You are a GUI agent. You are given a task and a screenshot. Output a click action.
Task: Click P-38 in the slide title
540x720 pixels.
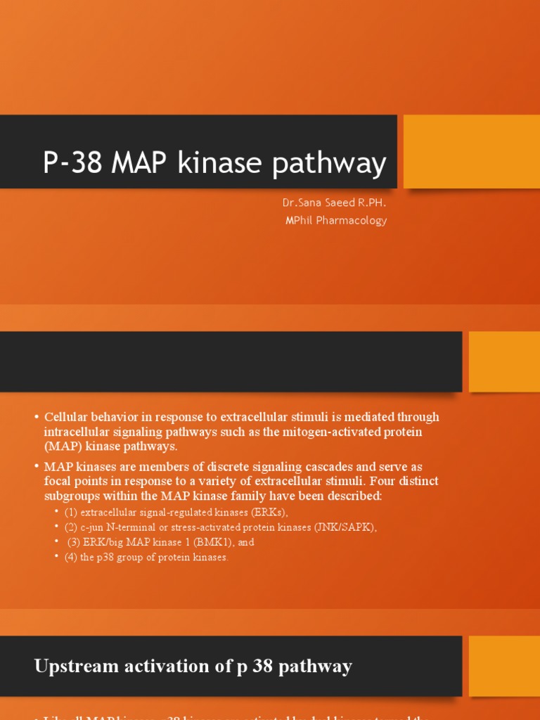pos(72,164)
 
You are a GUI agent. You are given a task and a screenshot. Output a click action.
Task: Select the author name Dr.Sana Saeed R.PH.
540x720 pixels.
pos(334,203)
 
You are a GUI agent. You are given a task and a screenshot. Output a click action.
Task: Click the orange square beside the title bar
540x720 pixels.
pos(471,152)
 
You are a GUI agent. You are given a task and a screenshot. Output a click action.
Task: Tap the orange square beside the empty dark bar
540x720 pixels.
pos(504,361)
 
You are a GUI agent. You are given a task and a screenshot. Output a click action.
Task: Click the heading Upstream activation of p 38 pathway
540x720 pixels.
pos(193,667)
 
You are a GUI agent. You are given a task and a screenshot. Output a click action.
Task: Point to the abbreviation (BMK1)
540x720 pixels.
pos(220,542)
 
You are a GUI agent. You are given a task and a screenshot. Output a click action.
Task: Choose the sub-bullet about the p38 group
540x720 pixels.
pos(146,557)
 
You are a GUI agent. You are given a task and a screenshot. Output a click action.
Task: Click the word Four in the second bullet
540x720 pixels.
pos(380,481)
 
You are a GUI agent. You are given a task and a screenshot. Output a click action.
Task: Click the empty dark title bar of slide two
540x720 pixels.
pos(231,361)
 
